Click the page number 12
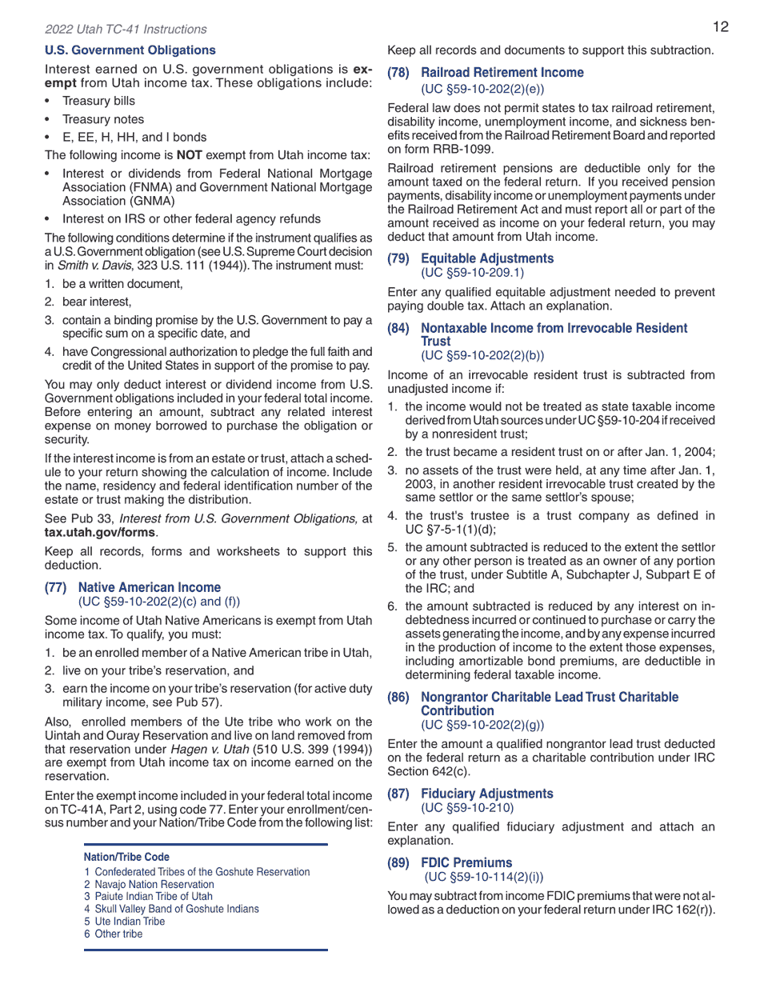(720, 27)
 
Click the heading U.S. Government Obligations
(130, 50)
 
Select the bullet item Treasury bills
(98, 101)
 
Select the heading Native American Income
(149, 587)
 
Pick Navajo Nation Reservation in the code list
(154, 884)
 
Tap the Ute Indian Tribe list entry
(130, 922)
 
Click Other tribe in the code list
(118, 934)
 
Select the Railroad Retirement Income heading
(502, 73)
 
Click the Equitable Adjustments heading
(486, 258)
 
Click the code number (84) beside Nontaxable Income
(398, 328)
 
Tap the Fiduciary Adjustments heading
(486, 794)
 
